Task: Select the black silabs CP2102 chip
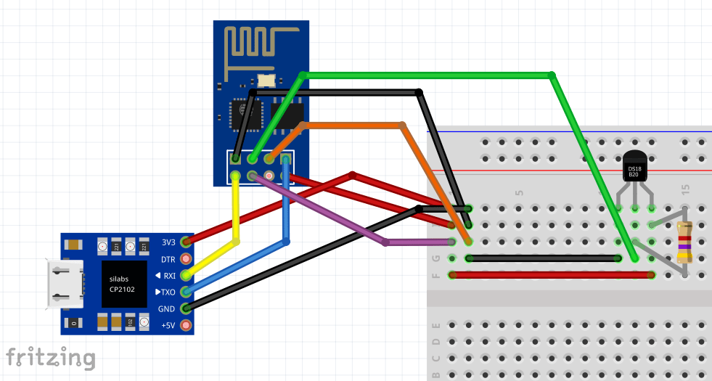tap(120, 283)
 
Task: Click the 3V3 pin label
tap(168, 242)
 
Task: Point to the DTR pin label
tap(168, 258)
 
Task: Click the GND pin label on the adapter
tap(167, 308)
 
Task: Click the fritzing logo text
tap(51, 358)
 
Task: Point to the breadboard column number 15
tap(686, 189)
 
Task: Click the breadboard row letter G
tap(435, 258)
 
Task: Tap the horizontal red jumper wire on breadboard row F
tap(552, 275)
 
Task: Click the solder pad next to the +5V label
tap(187, 324)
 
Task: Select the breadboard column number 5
tap(519, 193)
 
